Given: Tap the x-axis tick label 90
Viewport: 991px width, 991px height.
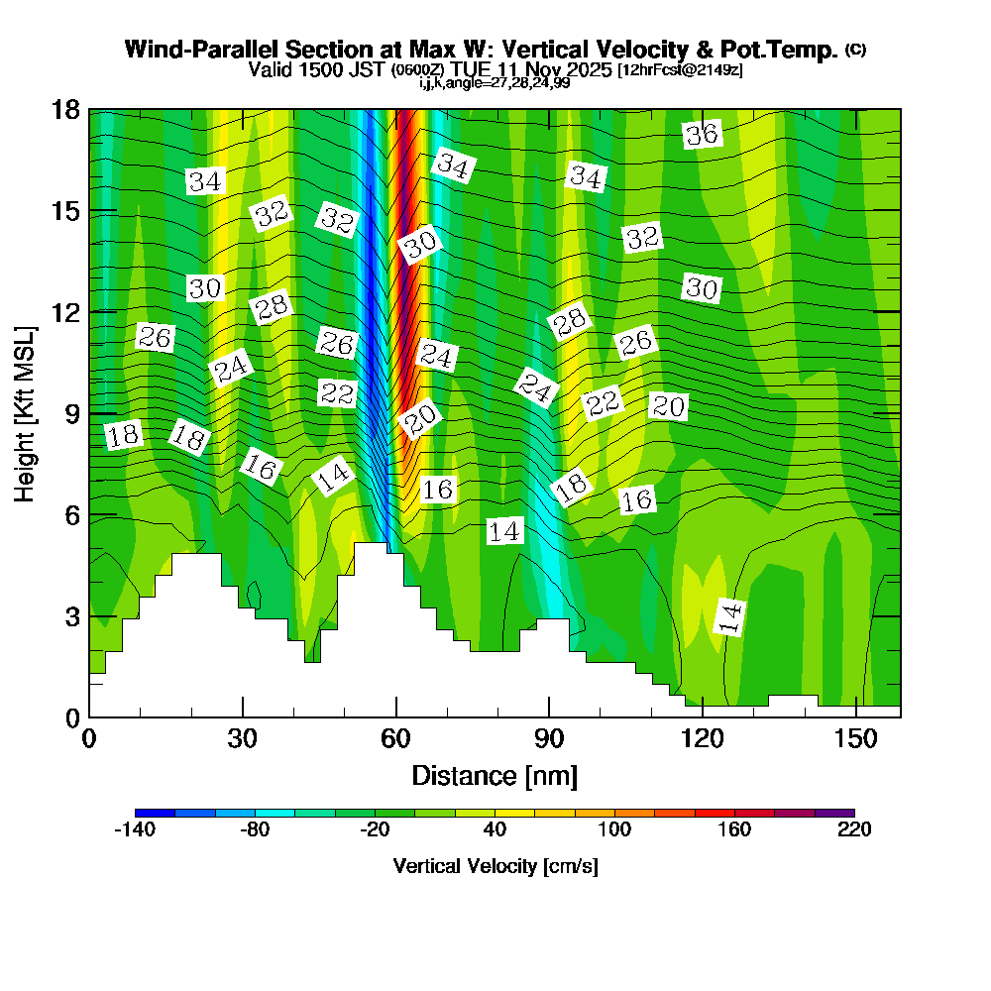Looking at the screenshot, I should [548, 739].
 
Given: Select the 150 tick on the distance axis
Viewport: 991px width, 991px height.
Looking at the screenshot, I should [854, 739].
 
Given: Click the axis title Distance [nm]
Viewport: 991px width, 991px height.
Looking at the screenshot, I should [495, 775].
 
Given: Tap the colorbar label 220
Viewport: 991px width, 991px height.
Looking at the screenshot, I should [854, 829].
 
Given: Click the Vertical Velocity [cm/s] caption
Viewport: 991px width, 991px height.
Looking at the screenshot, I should [495, 866].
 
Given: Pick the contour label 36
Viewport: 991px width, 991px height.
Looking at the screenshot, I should [702, 135].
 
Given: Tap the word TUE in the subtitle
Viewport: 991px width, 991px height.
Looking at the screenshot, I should [476, 69].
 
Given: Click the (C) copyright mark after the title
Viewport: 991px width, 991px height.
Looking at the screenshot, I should [855, 49].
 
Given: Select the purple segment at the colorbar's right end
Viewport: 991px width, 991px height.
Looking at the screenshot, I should [834, 813].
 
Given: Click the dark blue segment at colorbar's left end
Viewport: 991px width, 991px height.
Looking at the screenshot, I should [155, 813].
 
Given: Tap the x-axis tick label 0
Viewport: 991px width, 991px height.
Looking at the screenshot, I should [89, 739].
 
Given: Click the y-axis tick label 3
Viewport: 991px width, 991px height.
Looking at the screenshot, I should [70, 615].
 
